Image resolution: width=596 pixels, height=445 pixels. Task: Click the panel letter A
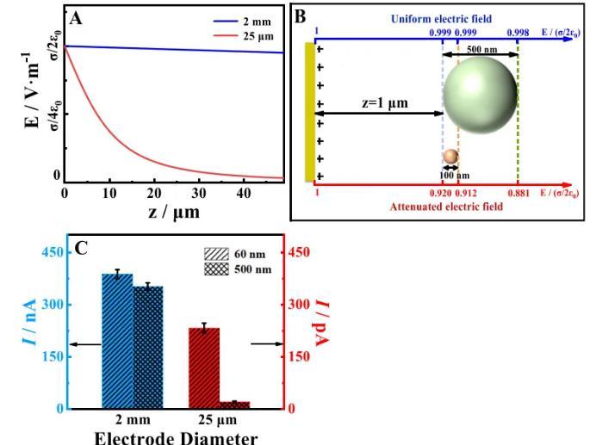click(x=78, y=17)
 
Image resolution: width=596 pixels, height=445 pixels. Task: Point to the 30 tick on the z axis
click(x=199, y=192)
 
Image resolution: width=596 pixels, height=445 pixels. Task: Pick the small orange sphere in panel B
click(x=450, y=156)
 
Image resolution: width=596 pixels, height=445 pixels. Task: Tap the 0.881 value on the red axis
click(x=518, y=194)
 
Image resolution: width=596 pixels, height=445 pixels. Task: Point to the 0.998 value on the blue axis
click(x=518, y=31)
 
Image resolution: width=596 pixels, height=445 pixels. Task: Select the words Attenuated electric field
click(x=434, y=207)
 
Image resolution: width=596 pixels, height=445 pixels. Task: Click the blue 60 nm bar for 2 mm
click(x=117, y=341)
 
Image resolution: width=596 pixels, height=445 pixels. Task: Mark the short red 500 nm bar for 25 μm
click(x=234, y=404)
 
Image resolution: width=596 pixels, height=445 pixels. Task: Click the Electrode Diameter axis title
click(x=177, y=436)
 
